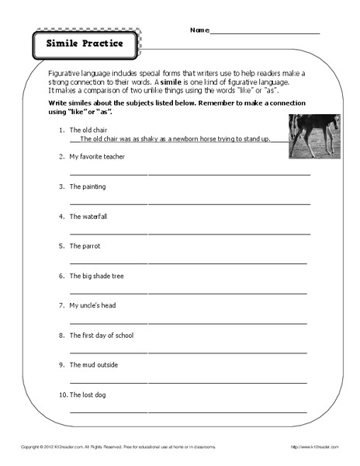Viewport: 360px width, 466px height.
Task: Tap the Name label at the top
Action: point(199,30)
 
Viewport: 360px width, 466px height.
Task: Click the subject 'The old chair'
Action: point(91,129)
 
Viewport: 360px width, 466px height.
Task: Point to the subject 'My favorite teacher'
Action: point(97,157)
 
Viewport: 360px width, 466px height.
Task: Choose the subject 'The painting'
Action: point(88,186)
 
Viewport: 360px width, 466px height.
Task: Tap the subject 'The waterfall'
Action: point(88,216)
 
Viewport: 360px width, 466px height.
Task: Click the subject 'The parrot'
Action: point(85,246)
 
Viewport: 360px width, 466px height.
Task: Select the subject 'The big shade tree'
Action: point(96,276)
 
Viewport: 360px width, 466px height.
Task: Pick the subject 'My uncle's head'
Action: point(92,305)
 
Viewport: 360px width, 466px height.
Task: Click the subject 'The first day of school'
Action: point(102,336)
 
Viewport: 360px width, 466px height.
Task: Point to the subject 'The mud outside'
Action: point(92,365)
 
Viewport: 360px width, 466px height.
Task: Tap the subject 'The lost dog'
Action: point(88,395)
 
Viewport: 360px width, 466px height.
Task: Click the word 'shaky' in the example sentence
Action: point(150,139)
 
